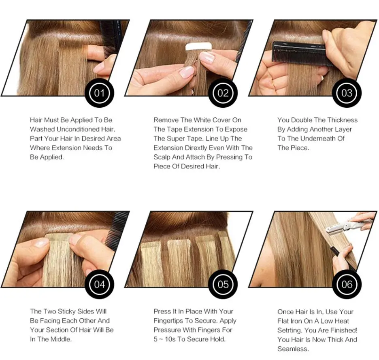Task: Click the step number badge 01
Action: click(99, 93)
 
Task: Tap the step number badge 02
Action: click(223, 93)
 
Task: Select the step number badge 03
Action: click(347, 93)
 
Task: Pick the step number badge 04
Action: click(99, 284)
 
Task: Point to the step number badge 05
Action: click(223, 284)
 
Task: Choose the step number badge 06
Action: click(347, 284)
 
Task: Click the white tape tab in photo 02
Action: click(198, 47)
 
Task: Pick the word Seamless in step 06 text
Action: click(293, 349)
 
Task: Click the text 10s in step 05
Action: click(170, 339)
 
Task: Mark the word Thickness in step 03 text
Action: click(342, 120)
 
